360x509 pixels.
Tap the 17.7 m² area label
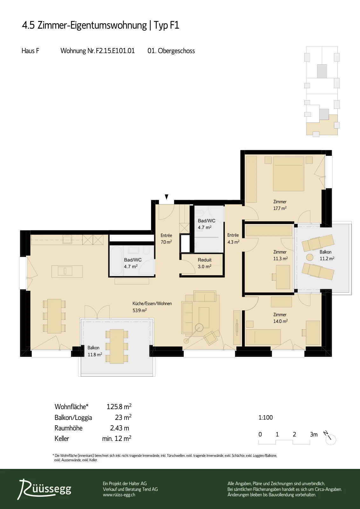280,208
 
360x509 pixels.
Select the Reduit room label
204,260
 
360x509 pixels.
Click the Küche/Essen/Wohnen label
152,303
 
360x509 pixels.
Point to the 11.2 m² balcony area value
327,258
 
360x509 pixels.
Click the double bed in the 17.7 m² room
288,174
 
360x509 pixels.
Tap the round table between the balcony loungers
309,257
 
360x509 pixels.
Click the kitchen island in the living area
67,271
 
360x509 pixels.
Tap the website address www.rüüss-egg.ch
119,495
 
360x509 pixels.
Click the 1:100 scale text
266,417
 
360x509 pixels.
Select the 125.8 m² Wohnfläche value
119,406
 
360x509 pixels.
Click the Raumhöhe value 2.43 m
120,428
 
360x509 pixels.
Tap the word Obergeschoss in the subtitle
176,51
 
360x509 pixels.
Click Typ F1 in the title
167,25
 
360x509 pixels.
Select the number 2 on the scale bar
294,434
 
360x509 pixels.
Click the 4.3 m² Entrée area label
233,242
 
